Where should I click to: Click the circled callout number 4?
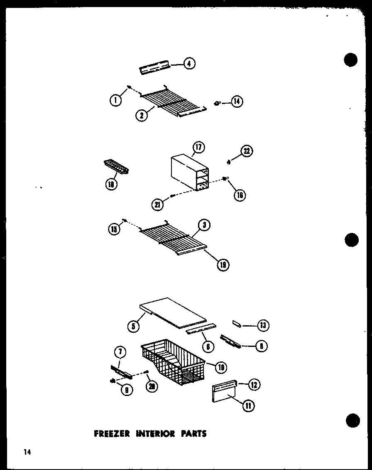click(x=189, y=64)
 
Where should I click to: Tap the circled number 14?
click(x=237, y=101)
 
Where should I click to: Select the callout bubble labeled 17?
click(x=199, y=148)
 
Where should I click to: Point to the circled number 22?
click(x=246, y=151)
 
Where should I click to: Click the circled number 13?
click(x=263, y=326)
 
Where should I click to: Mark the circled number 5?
click(x=133, y=327)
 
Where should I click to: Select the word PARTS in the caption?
click(x=193, y=434)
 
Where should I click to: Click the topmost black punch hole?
click(x=351, y=60)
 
